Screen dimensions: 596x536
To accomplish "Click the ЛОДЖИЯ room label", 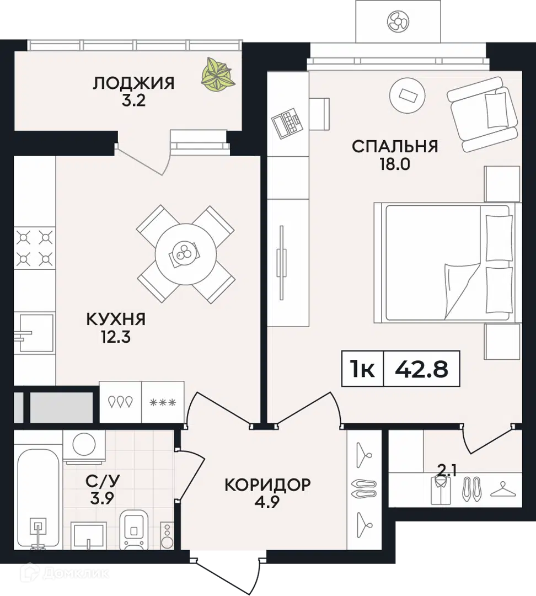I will click(133, 84).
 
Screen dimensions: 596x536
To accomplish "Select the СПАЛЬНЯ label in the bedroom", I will click(395, 146).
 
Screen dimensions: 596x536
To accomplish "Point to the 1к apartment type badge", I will click(362, 369).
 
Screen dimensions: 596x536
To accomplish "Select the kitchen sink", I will click(34, 333).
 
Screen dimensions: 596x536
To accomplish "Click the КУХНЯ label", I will click(115, 318).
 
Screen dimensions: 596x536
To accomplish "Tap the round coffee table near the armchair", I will click(408, 95).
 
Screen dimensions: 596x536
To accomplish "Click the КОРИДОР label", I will click(267, 485).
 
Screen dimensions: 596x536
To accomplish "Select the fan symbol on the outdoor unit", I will click(397, 22).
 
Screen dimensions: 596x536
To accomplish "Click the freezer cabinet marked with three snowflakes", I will click(163, 402).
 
